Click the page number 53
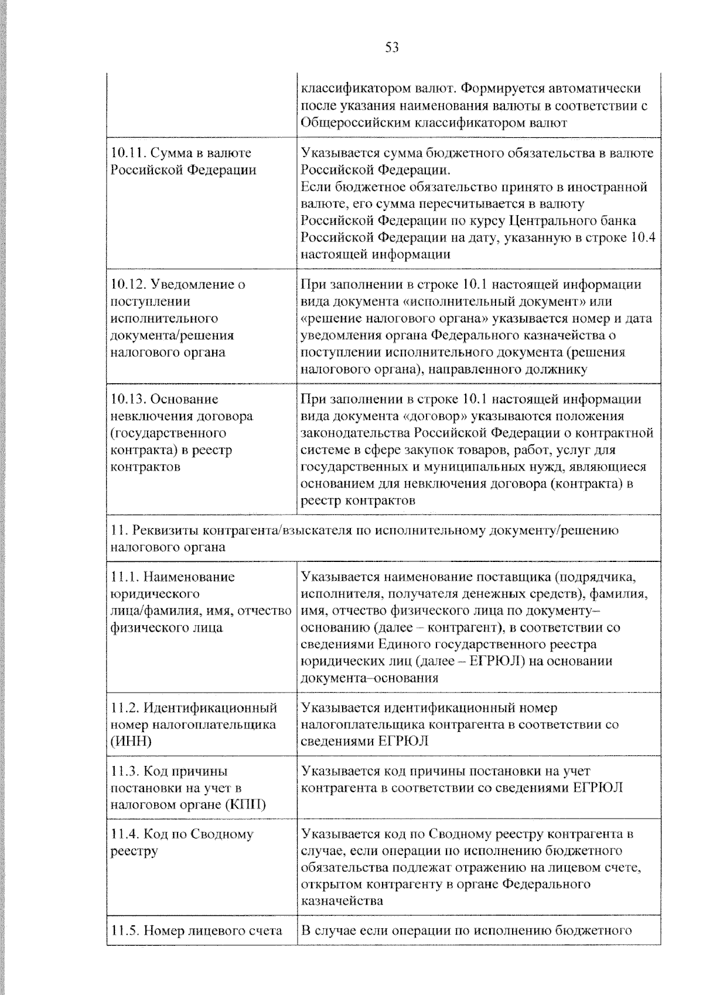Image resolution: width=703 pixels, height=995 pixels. (x=392, y=47)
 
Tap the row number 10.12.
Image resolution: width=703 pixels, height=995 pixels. (x=128, y=284)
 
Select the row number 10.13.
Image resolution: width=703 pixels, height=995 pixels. (x=128, y=399)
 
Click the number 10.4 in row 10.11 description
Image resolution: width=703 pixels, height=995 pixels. (x=643, y=237)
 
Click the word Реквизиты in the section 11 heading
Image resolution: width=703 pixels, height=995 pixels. (x=165, y=531)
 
